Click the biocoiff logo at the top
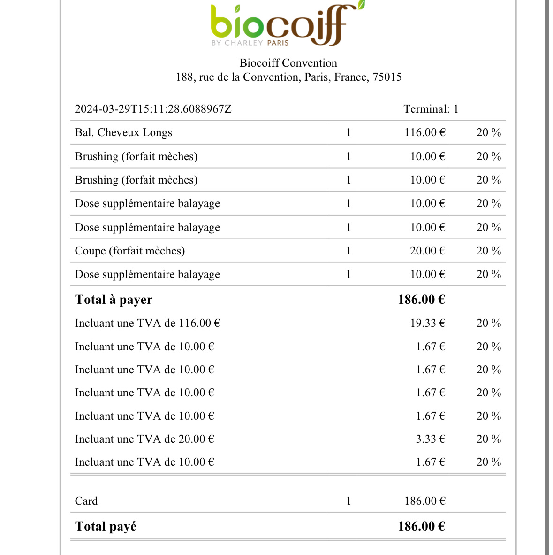point(287,25)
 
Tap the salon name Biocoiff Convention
point(288,63)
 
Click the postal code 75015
point(387,77)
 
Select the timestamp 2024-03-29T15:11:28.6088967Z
point(153,109)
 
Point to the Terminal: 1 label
point(431,109)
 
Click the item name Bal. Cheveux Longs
point(123,132)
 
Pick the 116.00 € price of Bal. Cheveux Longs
point(424,132)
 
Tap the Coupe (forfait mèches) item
point(130,251)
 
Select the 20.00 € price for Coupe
point(427,251)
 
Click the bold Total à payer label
point(114,300)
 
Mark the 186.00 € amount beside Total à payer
point(421,300)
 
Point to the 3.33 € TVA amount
point(430,439)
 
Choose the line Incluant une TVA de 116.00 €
point(147,323)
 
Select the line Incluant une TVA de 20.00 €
point(144,439)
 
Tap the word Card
point(86,501)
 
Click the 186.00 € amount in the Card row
point(424,501)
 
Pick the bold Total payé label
point(106,526)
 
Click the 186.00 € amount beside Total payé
point(421,526)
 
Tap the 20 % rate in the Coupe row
point(489,251)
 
